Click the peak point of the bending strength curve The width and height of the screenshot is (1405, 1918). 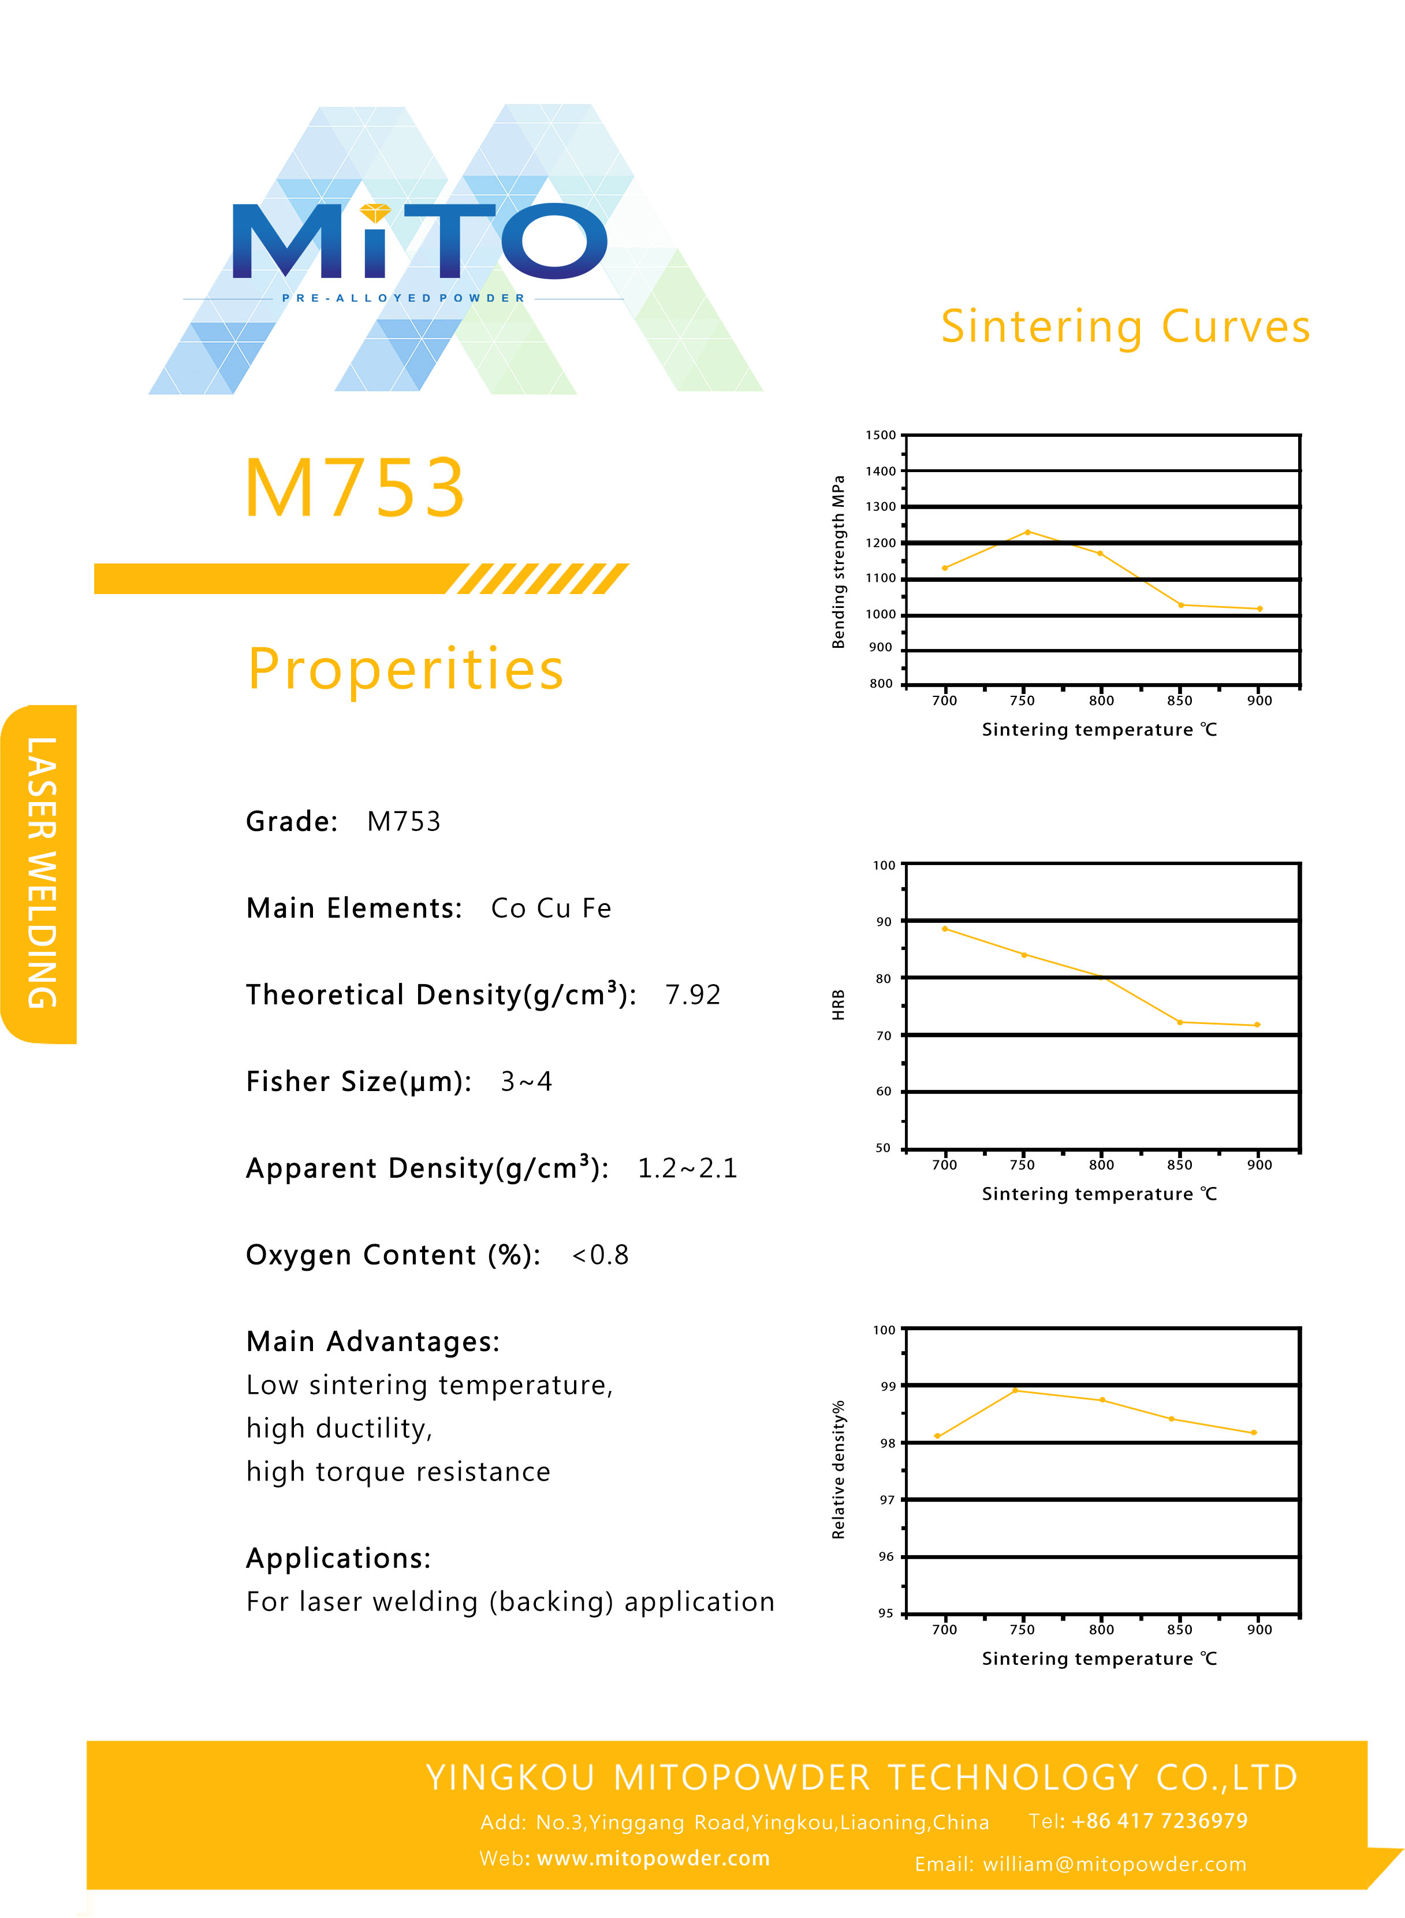pyautogui.click(x=1027, y=532)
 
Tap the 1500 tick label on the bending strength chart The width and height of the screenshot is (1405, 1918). pyautogui.click(x=880, y=435)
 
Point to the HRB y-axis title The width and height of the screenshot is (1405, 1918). pyautogui.click(x=838, y=1004)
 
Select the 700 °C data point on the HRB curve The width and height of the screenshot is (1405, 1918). pyautogui.click(x=945, y=928)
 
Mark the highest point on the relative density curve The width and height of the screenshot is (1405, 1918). pyautogui.click(x=1015, y=1390)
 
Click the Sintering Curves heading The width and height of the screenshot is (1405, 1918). pyautogui.click(x=1124, y=327)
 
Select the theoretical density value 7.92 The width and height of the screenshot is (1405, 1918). pyautogui.click(x=692, y=995)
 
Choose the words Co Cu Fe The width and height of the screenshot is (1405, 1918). pyautogui.click(x=551, y=908)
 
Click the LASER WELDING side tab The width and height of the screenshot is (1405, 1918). pyautogui.click(x=41, y=873)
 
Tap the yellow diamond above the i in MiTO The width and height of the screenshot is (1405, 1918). pyautogui.click(x=375, y=213)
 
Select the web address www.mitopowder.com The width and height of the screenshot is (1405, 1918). pyautogui.click(x=653, y=1857)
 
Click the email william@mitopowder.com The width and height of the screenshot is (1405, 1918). pyautogui.click(x=1114, y=1864)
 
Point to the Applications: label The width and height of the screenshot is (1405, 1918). pyautogui.click(x=338, y=1558)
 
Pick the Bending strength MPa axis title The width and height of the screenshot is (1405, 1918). pyautogui.click(x=838, y=562)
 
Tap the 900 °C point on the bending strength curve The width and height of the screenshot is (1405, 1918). pyautogui.click(x=1259, y=609)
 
